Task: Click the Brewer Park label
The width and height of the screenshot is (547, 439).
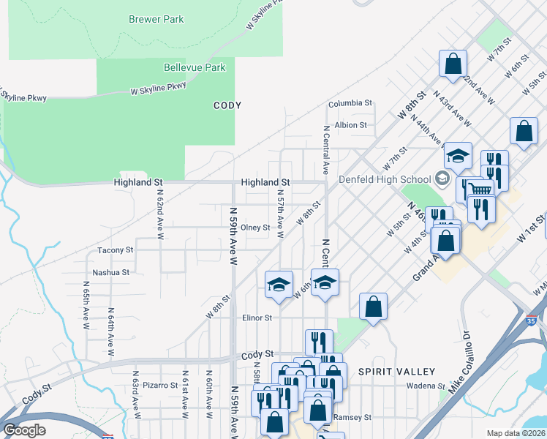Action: [156, 19]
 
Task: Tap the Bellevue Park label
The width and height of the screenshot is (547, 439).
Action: [195, 67]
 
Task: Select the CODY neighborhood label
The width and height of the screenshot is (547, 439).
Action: [227, 105]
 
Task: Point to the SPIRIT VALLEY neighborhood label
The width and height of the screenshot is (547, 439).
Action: [396, 372]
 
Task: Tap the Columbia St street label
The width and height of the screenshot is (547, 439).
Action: [350, 104]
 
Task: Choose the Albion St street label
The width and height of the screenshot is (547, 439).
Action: [350, 125]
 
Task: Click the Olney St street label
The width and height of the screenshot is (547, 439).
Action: [256, 228]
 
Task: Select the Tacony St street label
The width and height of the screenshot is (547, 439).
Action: [116, 250]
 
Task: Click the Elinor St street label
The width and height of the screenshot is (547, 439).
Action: [257, 318]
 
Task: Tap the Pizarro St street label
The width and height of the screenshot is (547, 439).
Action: [160, 385]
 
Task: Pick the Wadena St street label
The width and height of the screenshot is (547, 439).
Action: [426, 386]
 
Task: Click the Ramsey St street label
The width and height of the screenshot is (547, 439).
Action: [352, 417]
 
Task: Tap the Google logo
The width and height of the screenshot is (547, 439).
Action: [25, 430]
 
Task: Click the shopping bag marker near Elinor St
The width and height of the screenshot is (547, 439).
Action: [373, 307]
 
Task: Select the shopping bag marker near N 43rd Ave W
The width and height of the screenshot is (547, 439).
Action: [453, 64]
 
